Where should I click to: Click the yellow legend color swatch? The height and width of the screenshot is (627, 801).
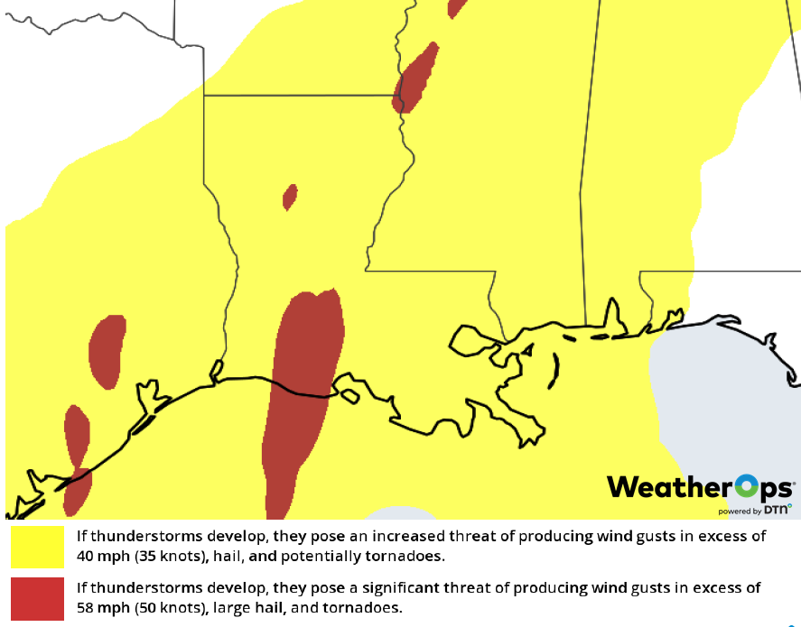(x=37, y=546)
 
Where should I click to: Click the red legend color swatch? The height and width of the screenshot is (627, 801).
(x=37, y=597)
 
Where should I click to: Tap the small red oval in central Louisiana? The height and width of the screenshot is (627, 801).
(x=290, y=197)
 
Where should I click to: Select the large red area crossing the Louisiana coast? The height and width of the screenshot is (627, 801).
(x=303, y=397)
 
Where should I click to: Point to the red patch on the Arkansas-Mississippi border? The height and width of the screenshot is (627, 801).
(x=417, y=78)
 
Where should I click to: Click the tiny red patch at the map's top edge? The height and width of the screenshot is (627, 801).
(x=458, y=7)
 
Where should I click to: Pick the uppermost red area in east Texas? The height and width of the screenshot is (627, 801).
(x=107, y=350)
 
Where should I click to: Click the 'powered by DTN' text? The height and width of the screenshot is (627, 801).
(x=755, y=511)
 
